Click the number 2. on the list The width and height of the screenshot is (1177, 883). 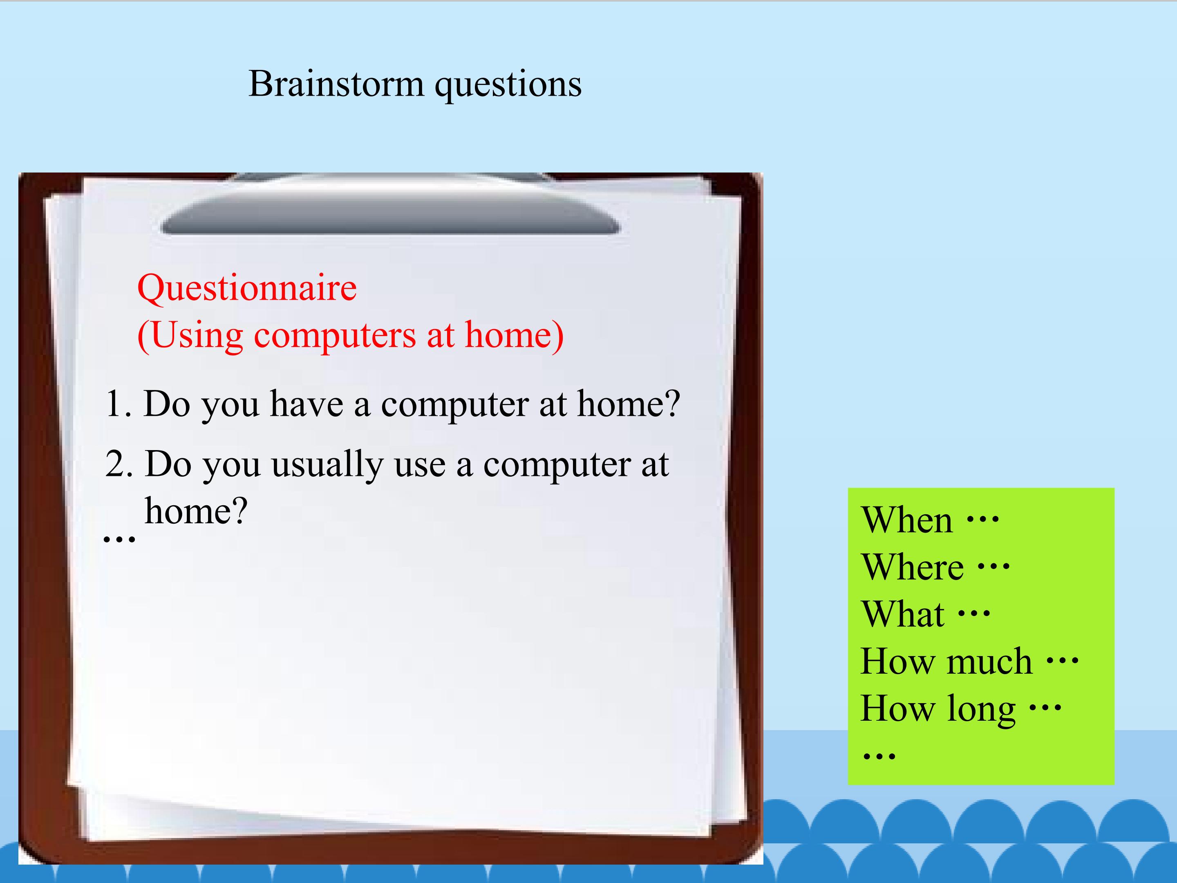point(119,463)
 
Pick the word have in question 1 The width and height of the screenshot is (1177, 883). point(307,403)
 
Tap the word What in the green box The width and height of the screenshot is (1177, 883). point(903,614)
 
